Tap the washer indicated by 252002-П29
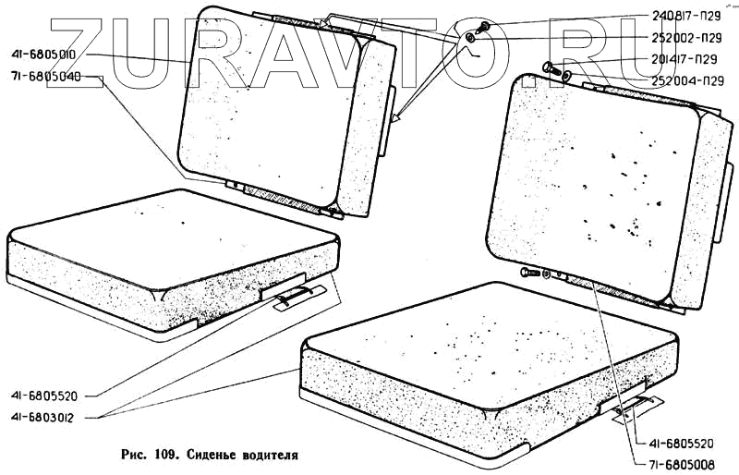point(471,39)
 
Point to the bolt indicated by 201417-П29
point(546,66)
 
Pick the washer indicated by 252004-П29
point(566,77)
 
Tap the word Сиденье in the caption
point(209,455)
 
